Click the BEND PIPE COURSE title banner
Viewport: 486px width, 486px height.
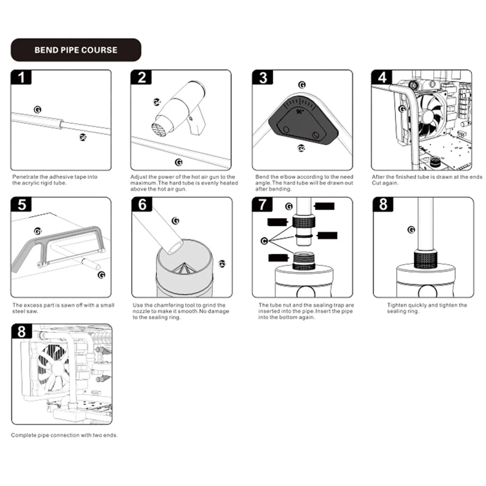click(x=76, y=50)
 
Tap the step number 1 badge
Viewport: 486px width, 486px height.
click(x=21, y=77)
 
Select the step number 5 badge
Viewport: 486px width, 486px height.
click(x=22, y=205)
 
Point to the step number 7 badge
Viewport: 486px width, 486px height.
click(x=262, y=205)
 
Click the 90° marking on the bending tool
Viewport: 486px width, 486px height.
click(x=300, y=112)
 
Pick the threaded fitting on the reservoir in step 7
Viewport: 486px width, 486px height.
click(x=304, y=261)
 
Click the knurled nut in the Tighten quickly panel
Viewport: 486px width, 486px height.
click(x=426, y=260)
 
